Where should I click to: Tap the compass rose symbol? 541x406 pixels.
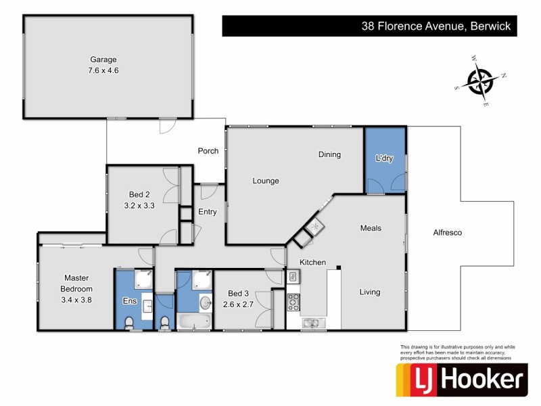point(481,83)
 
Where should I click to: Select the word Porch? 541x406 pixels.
point(208,151)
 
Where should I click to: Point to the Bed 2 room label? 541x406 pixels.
point(139,195)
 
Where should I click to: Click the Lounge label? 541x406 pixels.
point(266,181)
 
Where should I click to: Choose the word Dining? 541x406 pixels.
point(329,154)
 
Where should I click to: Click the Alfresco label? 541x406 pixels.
point(447,232)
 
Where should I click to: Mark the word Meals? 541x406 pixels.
point(371,228)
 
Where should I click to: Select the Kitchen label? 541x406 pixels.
point(313,262)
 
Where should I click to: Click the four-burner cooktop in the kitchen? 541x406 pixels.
point(293,301)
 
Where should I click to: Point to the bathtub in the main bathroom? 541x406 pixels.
point(194,323)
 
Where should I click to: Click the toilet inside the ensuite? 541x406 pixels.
point(132,323)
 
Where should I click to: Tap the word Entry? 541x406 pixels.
point(208,212)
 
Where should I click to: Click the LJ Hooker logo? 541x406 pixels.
point(461,380)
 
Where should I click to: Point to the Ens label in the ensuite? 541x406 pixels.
point(128,301)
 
